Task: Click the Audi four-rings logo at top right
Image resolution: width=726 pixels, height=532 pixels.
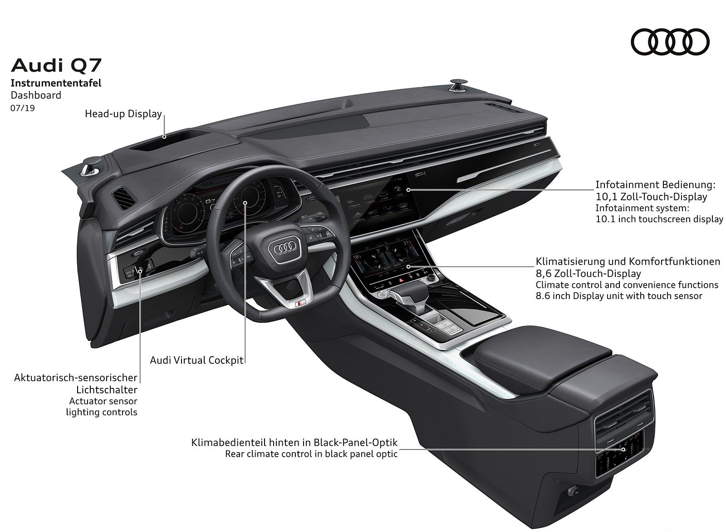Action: [x=670, y=43]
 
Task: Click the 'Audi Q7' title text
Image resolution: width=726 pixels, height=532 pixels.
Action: [x=56, y=66]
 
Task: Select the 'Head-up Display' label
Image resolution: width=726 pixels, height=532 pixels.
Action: [x=123, y=114]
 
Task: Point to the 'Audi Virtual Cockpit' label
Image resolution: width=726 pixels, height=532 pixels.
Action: [x=197, y=361]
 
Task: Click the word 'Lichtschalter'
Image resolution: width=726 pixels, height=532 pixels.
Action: [x=107, y=390]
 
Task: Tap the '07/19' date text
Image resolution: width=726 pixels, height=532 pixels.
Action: [x=23, y=108]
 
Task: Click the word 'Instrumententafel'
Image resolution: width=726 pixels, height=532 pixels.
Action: [x=56, y=83]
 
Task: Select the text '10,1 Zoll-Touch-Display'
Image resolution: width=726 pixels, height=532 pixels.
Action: [x=651, y=197]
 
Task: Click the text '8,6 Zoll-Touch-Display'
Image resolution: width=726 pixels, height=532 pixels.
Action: [x=588, y=274]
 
